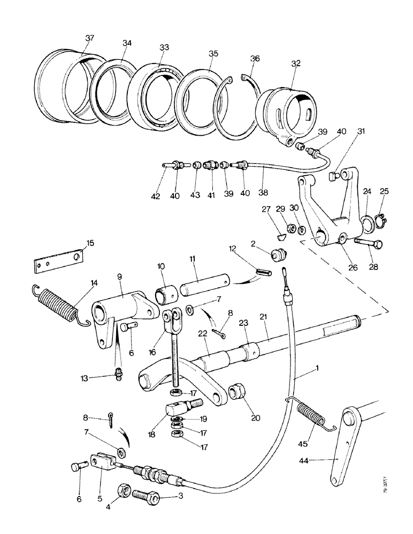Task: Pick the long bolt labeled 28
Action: [369, 246]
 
